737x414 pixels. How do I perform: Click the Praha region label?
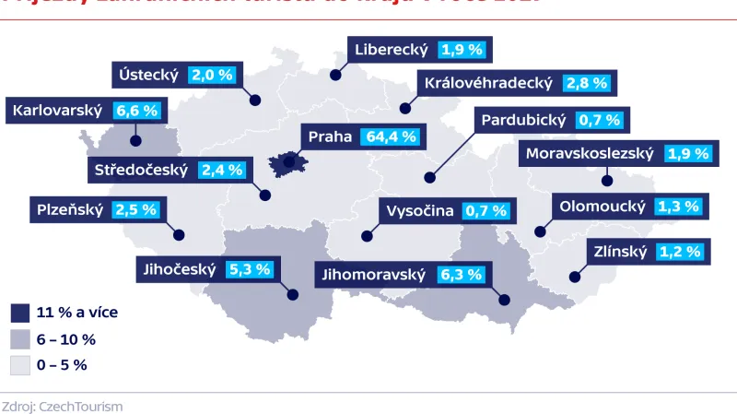[x=330, y=136]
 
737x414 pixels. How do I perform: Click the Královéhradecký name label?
[x=488, y=83]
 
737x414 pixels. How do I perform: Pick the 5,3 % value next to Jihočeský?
[x=250, y=270]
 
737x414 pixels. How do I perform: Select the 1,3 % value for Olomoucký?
[x=678, y=206]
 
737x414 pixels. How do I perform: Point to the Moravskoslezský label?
[x=588, y=154]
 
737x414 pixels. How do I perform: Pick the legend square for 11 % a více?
[x=19, y=312]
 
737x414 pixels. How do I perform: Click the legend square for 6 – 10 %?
[x=19, y=338]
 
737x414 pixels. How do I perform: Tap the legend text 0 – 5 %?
[x=62, y=364]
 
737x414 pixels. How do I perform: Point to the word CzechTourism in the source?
[x=80, y=407]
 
